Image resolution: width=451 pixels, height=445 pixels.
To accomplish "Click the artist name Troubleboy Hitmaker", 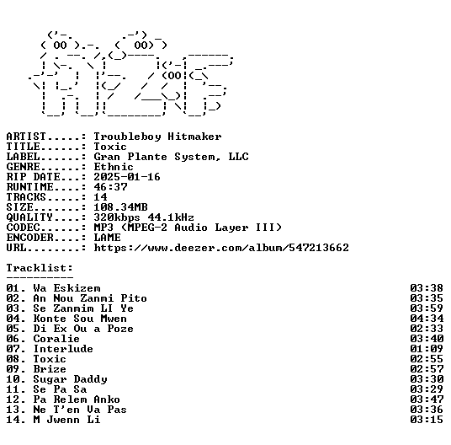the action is click(157, 137).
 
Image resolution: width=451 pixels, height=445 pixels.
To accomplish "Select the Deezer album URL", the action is click(221, 248).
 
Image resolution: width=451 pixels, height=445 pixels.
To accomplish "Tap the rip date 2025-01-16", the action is click(127, 177).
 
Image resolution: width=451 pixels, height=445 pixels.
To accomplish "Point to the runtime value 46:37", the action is click(110, 187).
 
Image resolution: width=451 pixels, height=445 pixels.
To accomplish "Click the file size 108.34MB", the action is click(120, 207).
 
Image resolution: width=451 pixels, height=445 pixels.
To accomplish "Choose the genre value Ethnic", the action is click(114, 167).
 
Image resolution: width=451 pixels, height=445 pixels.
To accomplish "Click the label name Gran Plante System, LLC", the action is click(171, 157).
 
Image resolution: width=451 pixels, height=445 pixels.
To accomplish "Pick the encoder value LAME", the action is click(108, 238).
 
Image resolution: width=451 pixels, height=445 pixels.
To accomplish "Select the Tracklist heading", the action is click(40, 268).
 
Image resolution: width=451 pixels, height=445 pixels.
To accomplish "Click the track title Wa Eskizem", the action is click(66, 288).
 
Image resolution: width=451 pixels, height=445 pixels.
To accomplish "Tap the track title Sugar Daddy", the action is click(70, 379).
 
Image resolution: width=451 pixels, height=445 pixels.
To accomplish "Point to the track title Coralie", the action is click(56, 339).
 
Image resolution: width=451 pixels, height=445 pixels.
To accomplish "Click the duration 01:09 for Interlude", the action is click(427, 349).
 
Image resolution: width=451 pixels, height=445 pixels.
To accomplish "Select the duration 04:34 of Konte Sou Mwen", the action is click(427, 319).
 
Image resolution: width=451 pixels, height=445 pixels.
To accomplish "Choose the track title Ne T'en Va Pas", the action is click(80, 410).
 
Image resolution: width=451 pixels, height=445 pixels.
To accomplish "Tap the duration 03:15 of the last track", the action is click(427, 420).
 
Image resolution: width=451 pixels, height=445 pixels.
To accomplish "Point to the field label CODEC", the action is click(23, 228).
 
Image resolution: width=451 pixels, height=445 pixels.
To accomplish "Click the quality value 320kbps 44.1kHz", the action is click(144, 217).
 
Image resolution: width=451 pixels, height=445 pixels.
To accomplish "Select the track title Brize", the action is click(50, 369).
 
